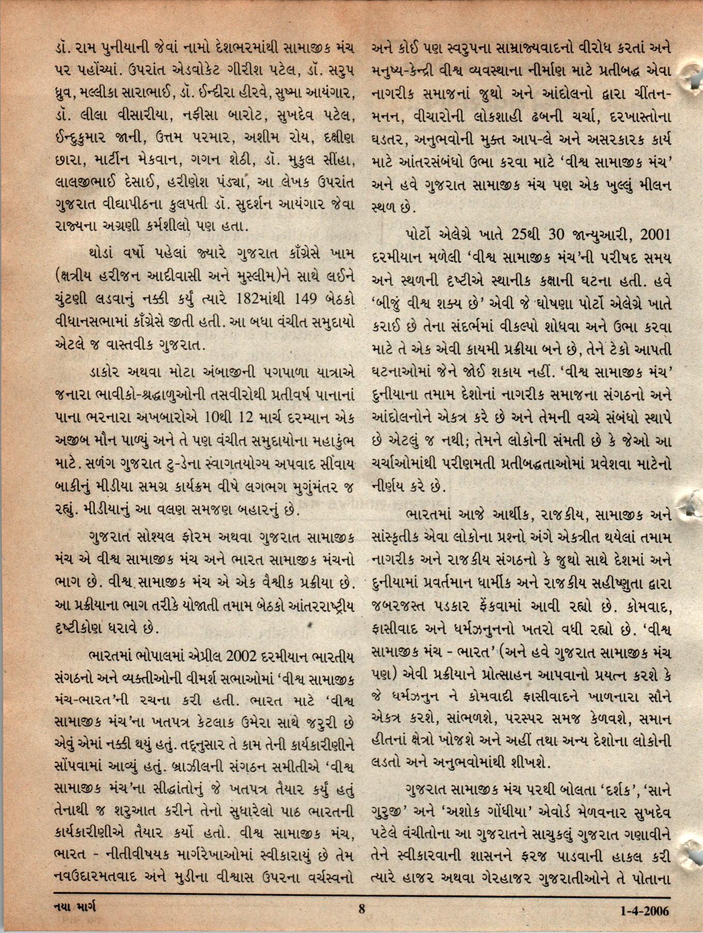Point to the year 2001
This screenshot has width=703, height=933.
[x=654, y=234]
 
